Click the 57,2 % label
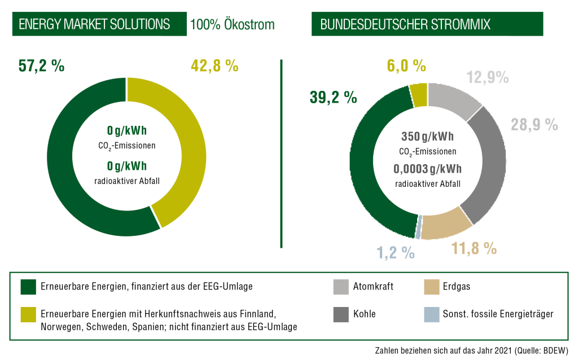tap(41, 66)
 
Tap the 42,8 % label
tap(214, 66)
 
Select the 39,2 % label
tap(333, 97)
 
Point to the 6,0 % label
tap(406, 66)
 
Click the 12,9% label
tap(487, 77)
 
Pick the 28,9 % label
tap(534, 125)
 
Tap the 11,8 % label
tap(474, 248)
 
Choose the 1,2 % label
tap(396, 253)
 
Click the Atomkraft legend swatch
tap(340, 287)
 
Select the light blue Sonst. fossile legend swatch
tap(432, 314)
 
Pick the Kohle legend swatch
tap(340, 314)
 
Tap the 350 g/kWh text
tap(428, 137)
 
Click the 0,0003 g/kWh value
tap(428, 169)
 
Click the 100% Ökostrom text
tap(232, 24)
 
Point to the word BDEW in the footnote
tap(555, 350)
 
